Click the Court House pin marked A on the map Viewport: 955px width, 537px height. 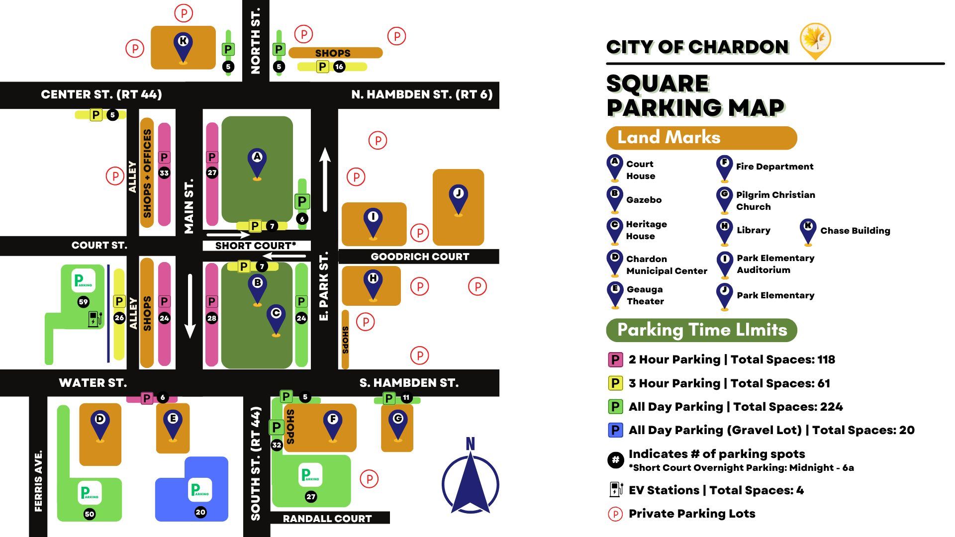(x=257, y=162)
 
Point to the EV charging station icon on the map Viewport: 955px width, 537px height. (x=95, y=319)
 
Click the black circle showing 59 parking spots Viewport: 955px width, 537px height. (x=83, y=302)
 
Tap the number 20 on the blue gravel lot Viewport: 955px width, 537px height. (x=200, y=512)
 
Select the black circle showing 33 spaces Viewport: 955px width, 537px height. (x=164, y=173)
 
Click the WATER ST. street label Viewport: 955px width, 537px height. (x=93, y=383)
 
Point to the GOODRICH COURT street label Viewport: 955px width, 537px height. (x=420, y=257)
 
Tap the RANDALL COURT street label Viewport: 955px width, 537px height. (x=327, y=519)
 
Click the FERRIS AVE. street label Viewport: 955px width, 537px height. (x=38, y=480)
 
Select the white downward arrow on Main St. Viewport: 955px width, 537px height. (x=190, y=306)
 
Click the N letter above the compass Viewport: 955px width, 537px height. (x=470, y=444)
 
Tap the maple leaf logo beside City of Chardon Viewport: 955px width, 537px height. (x=815, y=40)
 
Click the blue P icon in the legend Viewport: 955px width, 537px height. (x=615, y=430)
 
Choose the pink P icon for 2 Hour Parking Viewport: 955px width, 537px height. (x=615, y=359)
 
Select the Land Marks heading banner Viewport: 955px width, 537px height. (x=701, y=138)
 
